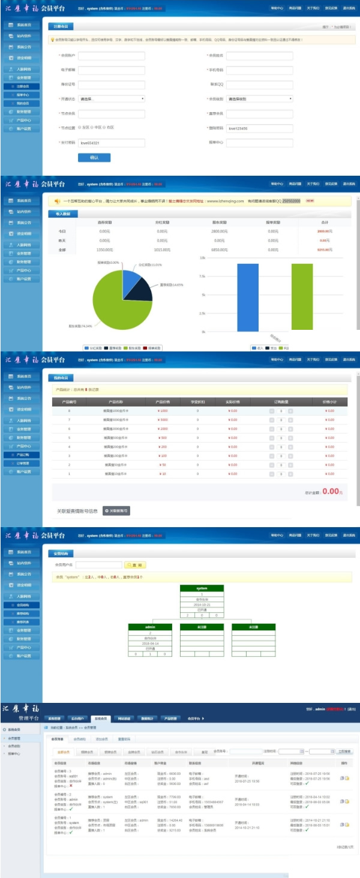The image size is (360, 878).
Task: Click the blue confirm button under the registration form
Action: click(94, 157)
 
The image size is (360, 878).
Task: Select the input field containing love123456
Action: click(259, 128)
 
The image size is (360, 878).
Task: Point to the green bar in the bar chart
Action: click(302, 297)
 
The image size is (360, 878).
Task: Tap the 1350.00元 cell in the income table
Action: click(104, 249)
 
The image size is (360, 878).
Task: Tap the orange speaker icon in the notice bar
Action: click(57, 202)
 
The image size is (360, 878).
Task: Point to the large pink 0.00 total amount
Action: click(331, 491)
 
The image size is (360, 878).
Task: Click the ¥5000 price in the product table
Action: click(162, 420)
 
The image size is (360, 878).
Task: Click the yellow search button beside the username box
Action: click(135, 565)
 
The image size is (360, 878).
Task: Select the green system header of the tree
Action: click(202, 588)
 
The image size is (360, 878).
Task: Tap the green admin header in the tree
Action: click(149, 627)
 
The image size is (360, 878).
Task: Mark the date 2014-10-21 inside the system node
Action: click(202, 605)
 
